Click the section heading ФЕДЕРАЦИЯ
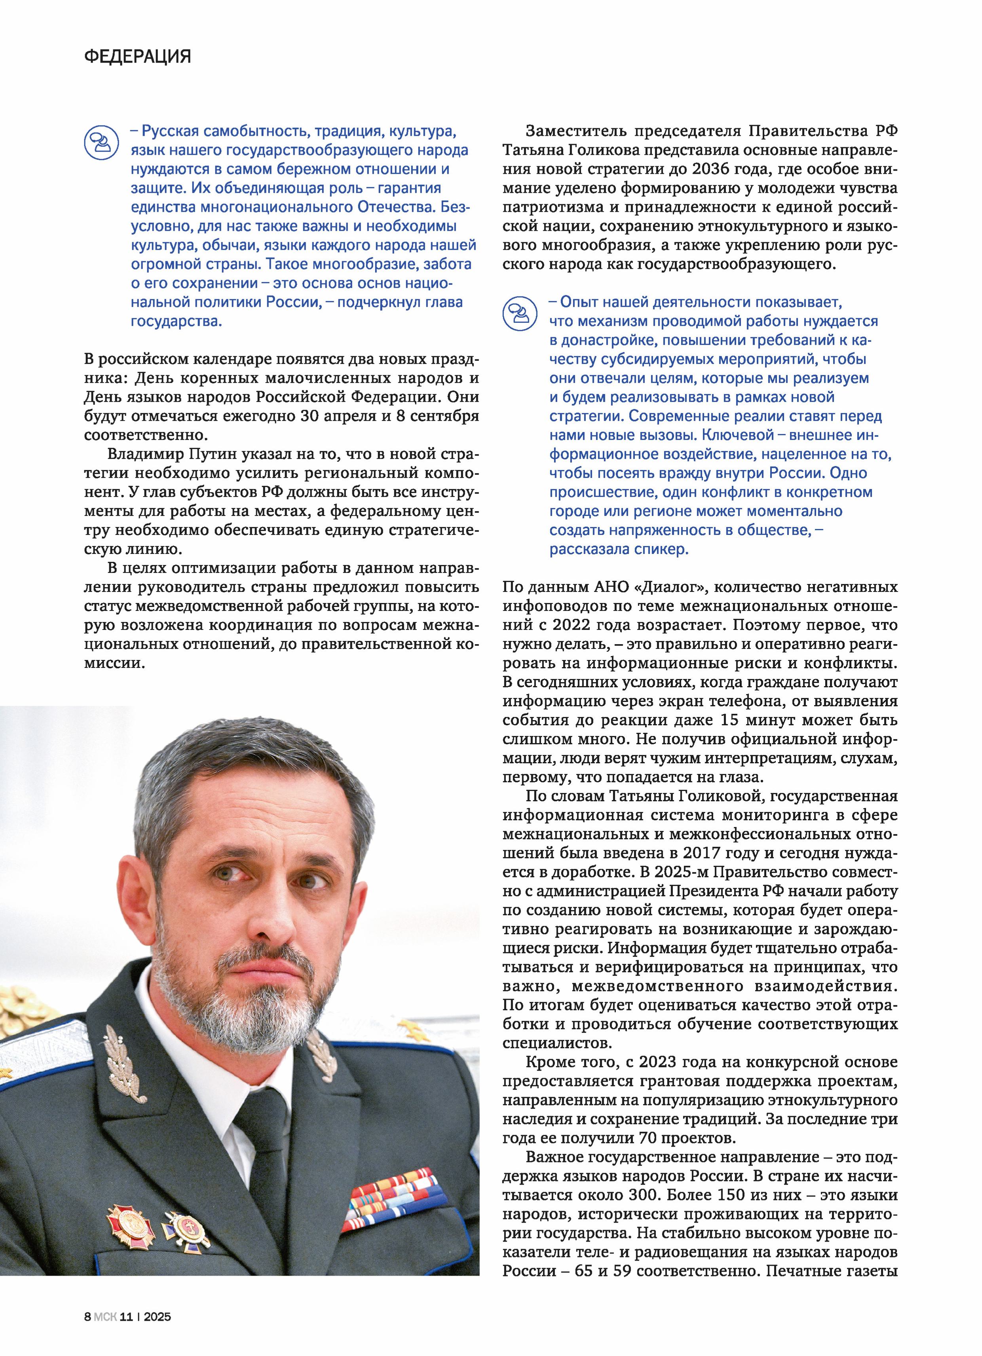(x=138, y=57)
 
